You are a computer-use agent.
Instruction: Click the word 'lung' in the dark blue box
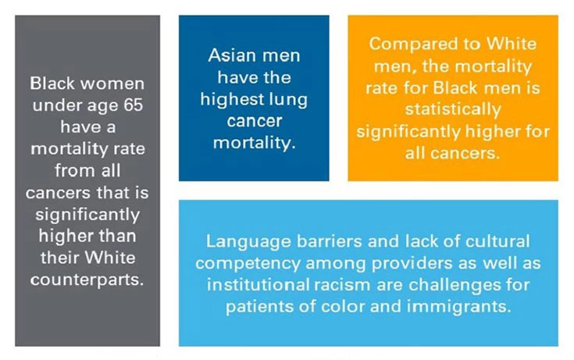pyautogui.click(x=291, y=100)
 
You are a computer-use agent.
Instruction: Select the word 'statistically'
pyautogui.click(x=452, y=109)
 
